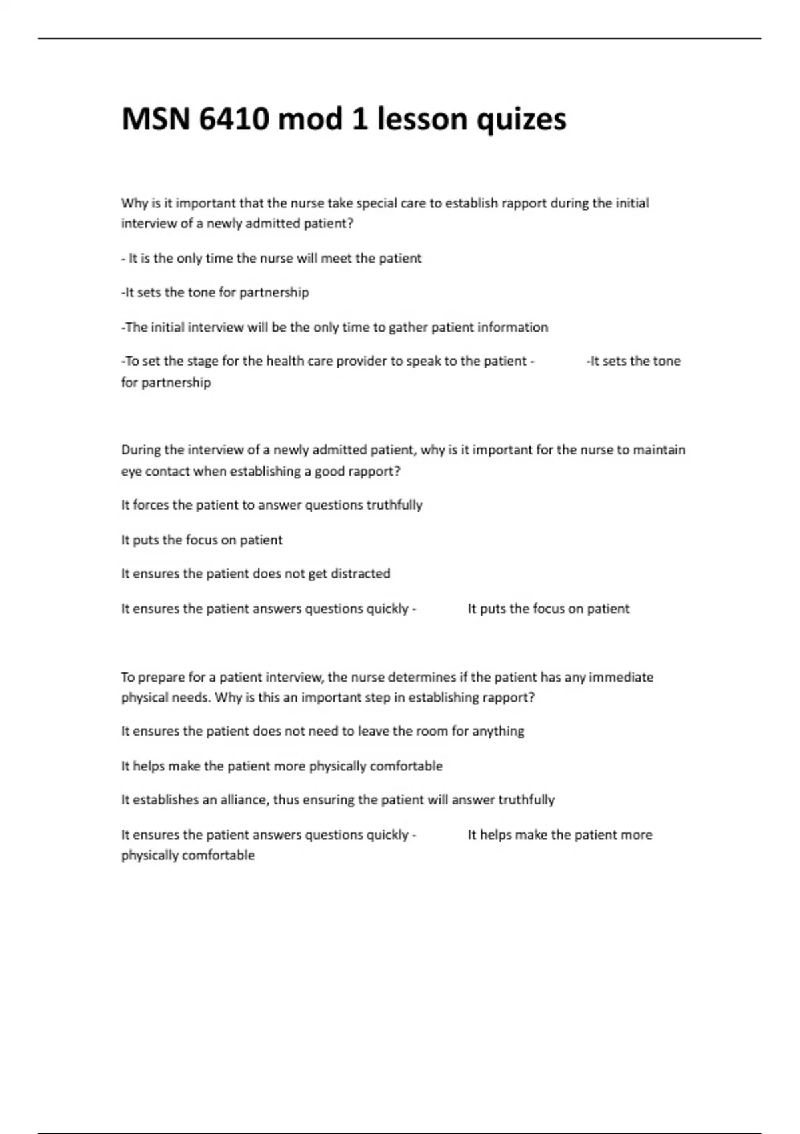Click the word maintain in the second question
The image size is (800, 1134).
coord(659,450)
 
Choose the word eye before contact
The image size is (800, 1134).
coord(131,472)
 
